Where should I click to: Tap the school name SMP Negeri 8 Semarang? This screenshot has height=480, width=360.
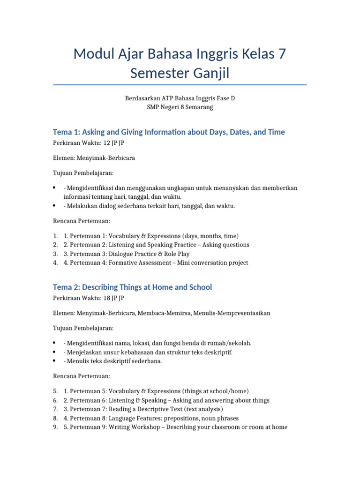180,107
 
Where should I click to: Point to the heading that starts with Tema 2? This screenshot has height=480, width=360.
132,287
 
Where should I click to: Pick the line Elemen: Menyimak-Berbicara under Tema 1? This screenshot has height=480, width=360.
93,158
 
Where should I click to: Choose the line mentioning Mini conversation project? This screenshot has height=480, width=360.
156,262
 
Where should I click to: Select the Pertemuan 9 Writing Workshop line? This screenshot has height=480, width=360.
175,427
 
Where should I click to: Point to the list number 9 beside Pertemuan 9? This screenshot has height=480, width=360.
55,427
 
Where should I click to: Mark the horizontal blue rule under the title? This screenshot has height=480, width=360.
180,85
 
